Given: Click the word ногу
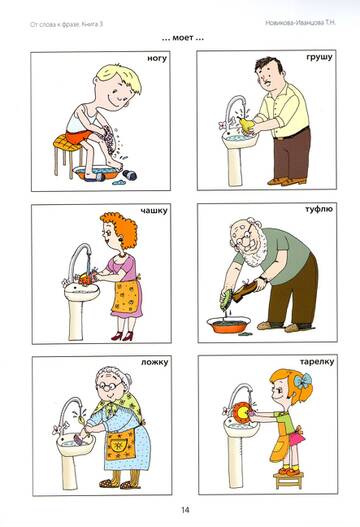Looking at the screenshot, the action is (157, 59).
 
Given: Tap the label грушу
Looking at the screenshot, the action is (319, 57).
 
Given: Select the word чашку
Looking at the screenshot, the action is (154, 211).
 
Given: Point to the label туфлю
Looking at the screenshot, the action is (319, 209).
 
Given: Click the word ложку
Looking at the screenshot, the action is (155, 362).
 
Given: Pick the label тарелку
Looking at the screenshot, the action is (317, 362).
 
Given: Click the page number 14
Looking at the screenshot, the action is (185, 510).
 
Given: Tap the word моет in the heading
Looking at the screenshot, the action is (183, 38).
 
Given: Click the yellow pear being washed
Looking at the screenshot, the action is (246, 124).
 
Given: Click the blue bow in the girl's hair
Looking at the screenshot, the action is (303, 381).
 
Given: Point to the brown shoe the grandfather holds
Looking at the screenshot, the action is (247, 290).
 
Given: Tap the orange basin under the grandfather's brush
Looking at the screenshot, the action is (229, 325).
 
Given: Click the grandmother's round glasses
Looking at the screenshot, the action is (108, 386).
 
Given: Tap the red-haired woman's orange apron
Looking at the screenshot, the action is (126, 296).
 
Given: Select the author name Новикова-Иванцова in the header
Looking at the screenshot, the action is (294, 23).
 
